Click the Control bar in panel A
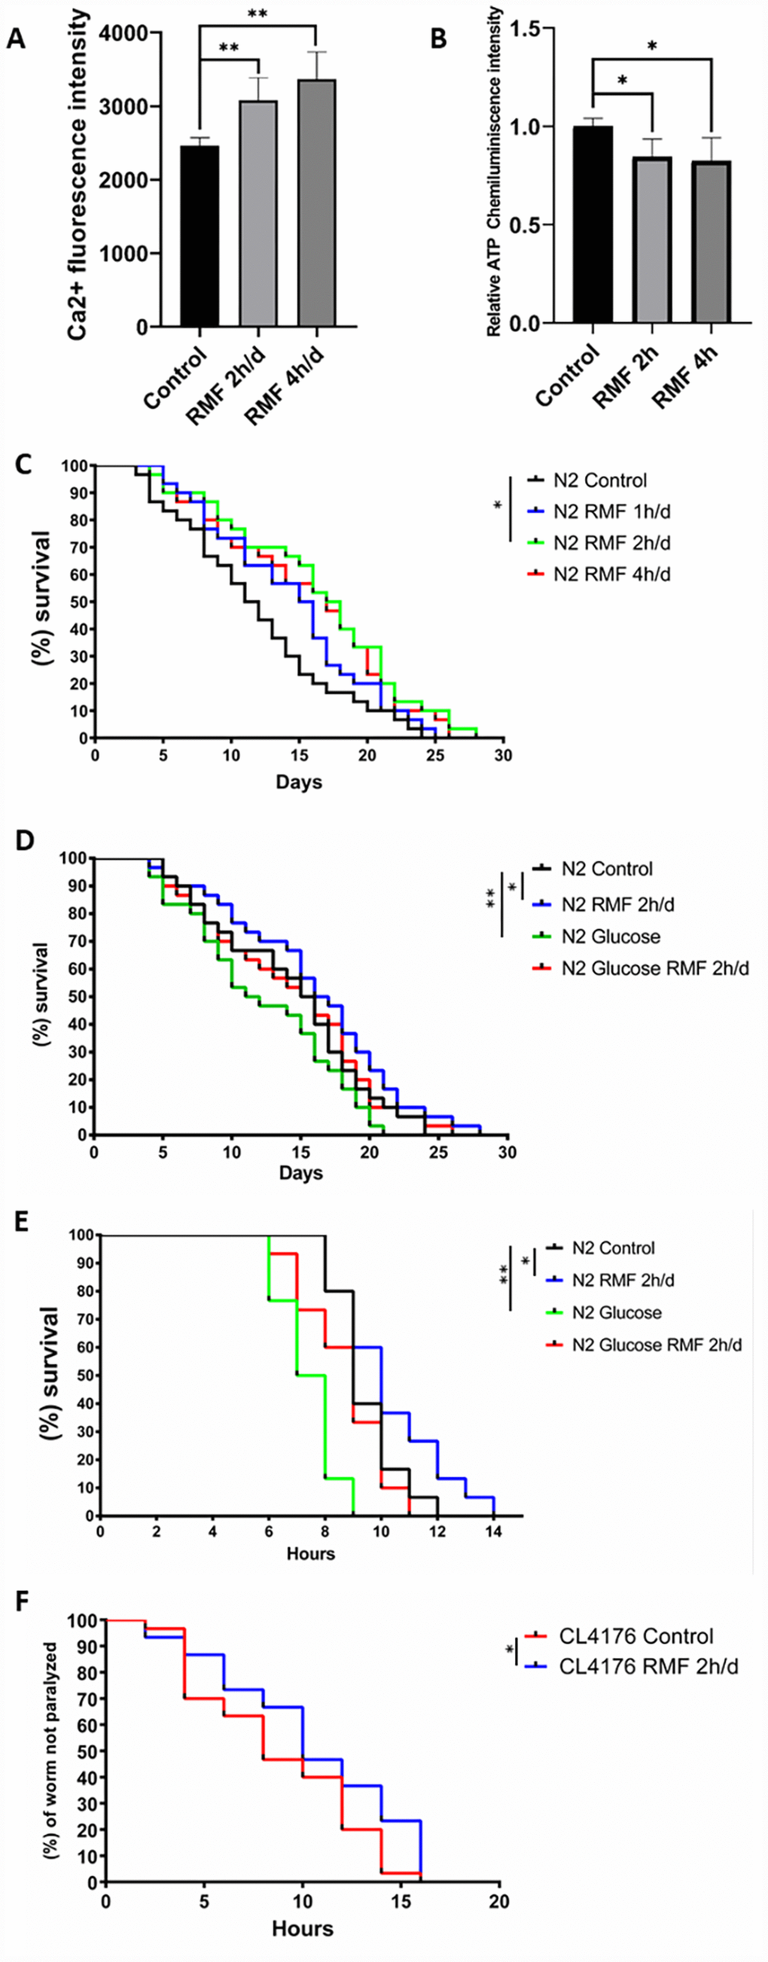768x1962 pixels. (200, 236)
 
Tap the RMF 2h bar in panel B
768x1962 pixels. (652, 240)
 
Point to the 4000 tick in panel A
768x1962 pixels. (136, 33)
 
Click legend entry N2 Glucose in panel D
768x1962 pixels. (611, 936)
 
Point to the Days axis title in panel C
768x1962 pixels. (299, 781)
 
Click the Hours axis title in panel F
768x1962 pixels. (303, 1927)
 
